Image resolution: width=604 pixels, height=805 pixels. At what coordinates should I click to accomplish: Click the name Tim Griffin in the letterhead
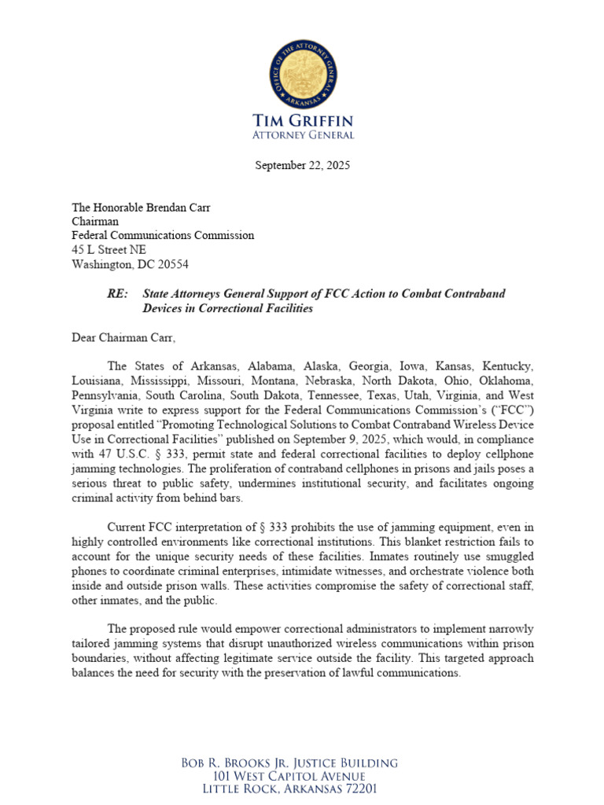point(302,121)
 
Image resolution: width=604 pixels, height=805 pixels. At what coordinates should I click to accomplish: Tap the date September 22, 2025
point(302,166)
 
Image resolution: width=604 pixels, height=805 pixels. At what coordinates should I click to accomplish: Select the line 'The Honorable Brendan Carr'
point(142,208)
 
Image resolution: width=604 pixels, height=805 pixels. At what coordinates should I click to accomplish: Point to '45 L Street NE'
point(109,250)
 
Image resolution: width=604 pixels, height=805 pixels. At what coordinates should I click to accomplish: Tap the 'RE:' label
point(118,293)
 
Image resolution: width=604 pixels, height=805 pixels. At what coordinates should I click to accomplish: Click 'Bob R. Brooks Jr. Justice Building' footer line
point(301,763)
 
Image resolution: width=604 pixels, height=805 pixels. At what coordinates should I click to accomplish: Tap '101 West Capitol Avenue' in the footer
point(301,777)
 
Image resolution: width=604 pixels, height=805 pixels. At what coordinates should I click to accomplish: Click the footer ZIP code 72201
point(359,789)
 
